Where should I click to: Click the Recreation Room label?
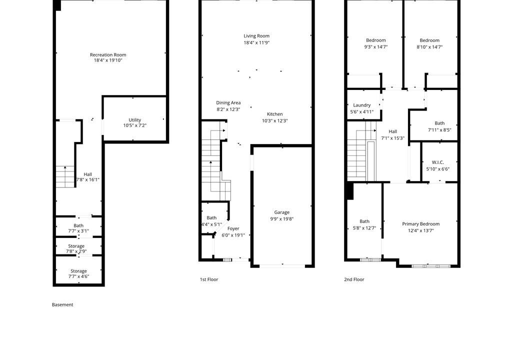click(x=108, y=55)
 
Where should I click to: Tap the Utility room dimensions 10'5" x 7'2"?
click(x=135, y=125)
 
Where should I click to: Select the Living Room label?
click(x=256, y=36)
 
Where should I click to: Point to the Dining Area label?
click(x=228, y=102)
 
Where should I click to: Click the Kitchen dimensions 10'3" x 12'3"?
click(x=275, y=121)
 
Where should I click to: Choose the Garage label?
click(x=282, y=212)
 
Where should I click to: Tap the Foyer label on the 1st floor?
click(x=233, y=228)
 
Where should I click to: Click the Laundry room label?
click(x=362, y=105)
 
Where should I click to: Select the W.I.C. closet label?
click(x=438, y=162)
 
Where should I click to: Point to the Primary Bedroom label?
click(x=421, y=224)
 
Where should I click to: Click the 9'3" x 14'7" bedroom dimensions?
click(x=376, y=47)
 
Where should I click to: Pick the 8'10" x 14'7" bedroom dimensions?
click(x=429, y=47)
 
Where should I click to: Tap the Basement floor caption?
click(x=62, y=305)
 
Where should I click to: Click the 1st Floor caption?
click(x=209, y=279)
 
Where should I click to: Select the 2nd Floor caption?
click(x=354, y=279)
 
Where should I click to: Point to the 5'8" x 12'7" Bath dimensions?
click(x=364, y=228)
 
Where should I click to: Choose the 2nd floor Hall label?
click(x=393, y=131)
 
